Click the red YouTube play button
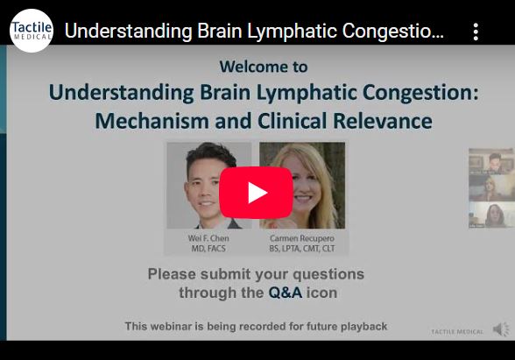[x=256, y=193]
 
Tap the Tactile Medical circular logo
[x=31, y=31]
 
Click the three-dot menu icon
[x=476, y=32]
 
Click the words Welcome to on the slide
[x=264, y=67]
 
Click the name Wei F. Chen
[x=208, y=238]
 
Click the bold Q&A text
[x=285, y=293]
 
